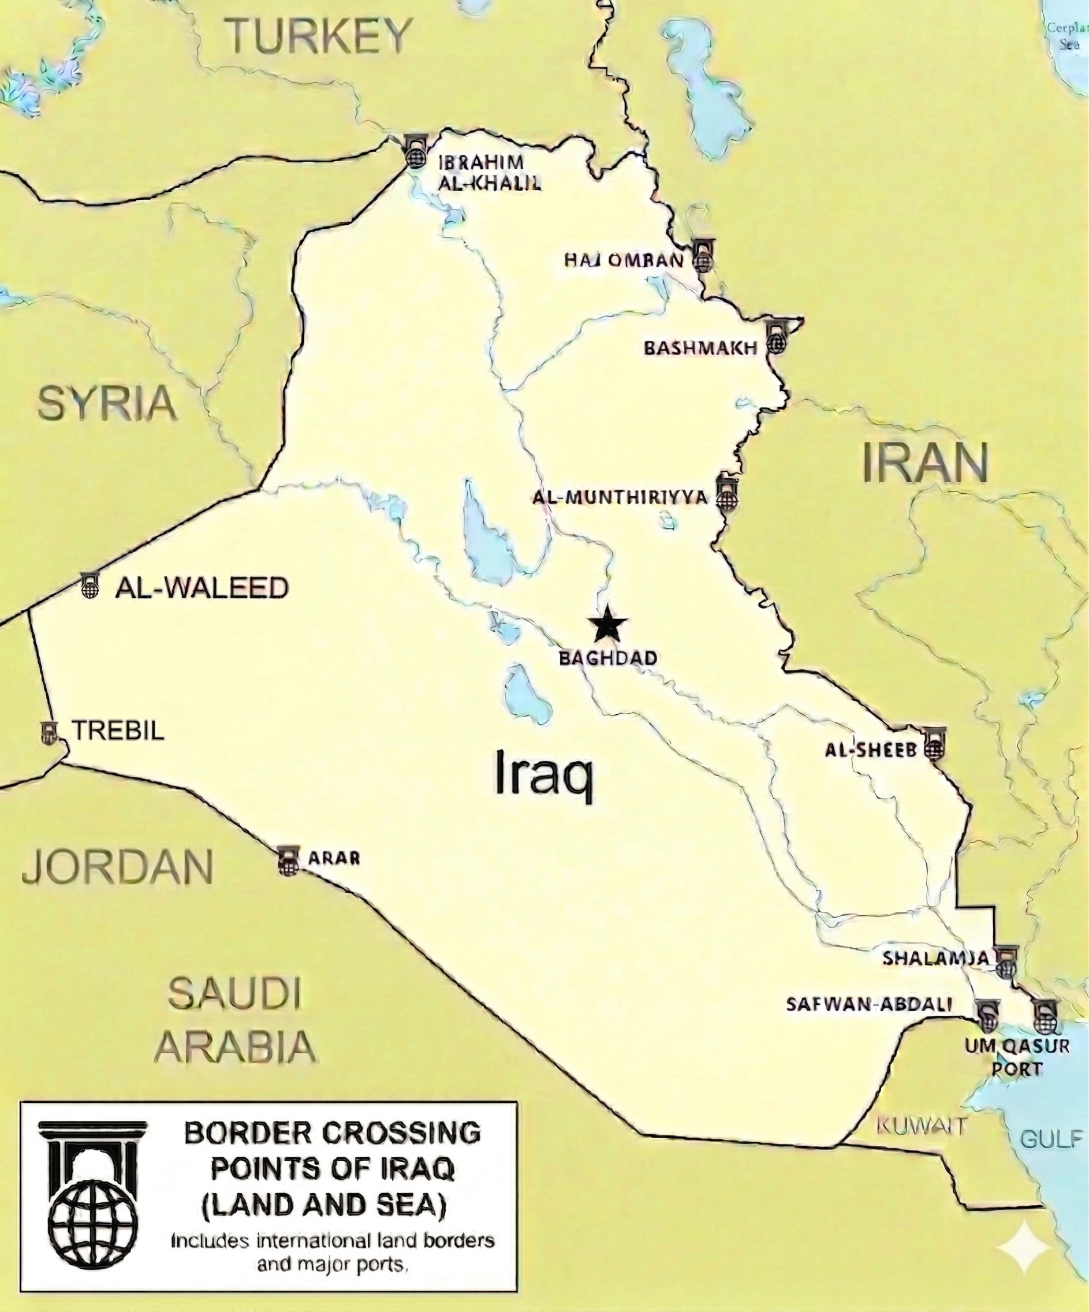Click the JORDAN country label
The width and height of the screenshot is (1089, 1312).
pyautogui.click(x=117, y=866)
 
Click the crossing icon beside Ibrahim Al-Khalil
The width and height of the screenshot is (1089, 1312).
pyautogui.click(x=415, y=152)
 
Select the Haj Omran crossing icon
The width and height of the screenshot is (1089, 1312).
pyautogui.click(x=703, y=257)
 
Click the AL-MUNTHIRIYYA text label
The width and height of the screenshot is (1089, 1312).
pyautogui.click(x=620, y=497)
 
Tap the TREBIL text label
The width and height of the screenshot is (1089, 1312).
pyautogui.click(x=119, y=730)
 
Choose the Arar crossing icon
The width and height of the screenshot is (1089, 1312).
pyautogui.click(x=288, y=861)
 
